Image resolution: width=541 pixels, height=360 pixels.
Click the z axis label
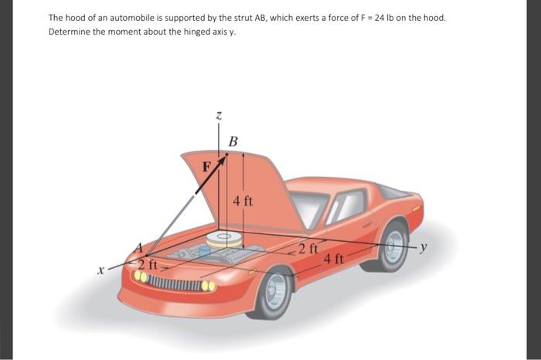point(219,115)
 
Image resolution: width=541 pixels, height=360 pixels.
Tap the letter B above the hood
point(233,141)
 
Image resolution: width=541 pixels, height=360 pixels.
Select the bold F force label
point(206,165)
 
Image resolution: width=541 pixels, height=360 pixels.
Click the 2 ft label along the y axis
point(308,249)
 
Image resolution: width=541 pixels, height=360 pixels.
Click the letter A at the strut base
point(140,249)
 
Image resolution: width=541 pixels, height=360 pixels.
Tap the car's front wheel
point(275,291)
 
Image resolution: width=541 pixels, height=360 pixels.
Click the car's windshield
point(314,207)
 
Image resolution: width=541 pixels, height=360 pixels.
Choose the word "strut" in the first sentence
point(216,17)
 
